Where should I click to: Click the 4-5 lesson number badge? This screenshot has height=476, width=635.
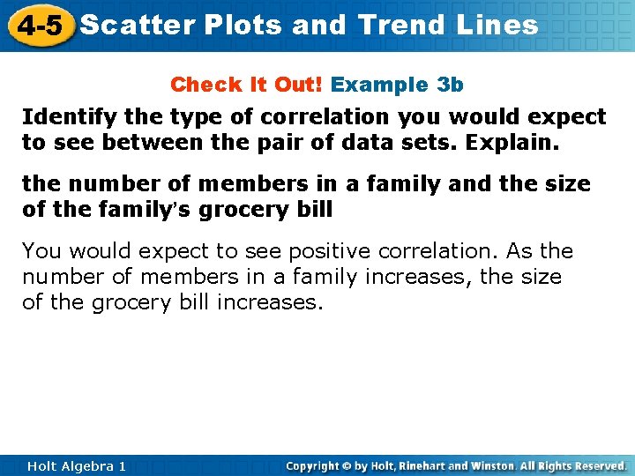[39, 26]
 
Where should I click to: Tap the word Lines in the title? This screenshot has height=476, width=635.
[497, 25]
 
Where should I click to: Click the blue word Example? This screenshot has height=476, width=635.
[380, 85]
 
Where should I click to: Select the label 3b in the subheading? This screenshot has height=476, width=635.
[450, 85]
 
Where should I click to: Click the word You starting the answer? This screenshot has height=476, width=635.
[41, 251]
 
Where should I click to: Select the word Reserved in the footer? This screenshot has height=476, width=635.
[598, 465]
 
